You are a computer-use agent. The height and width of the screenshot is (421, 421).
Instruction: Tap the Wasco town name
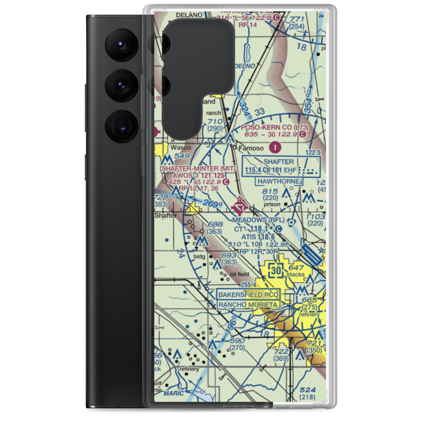click(181, 148)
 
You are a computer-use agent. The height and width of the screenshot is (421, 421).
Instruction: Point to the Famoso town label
click(252, 148)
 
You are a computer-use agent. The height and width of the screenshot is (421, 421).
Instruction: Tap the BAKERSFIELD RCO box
click(248, 294)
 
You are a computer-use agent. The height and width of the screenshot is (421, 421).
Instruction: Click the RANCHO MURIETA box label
click(248, 304)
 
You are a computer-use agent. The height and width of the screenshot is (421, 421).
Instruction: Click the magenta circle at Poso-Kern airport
click(275, 147)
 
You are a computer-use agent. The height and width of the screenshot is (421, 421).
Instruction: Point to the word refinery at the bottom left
click(188, 369)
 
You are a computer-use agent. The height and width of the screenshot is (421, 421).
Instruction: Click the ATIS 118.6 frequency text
click(258, 237)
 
